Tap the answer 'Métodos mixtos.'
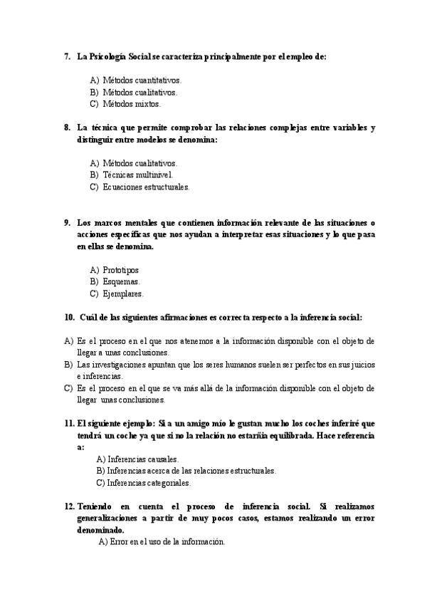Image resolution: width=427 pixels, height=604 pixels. tap(132, 104)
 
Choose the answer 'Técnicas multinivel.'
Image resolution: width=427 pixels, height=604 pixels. tap(137, 175)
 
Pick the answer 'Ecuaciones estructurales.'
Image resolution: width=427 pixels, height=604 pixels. tap(146, 187)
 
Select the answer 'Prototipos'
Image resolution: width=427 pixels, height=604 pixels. tap(120, 270)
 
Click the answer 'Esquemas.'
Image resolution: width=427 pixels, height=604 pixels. tap(120, 281)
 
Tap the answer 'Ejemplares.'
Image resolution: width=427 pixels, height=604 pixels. tap(122, 293)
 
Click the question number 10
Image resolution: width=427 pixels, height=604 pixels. tap(68, 317)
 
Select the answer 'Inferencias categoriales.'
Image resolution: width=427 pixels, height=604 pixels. tap(148, 482)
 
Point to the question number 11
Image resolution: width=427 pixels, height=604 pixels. tap(69, 423)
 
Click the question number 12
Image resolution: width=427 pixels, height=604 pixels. tap(69, 506)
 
